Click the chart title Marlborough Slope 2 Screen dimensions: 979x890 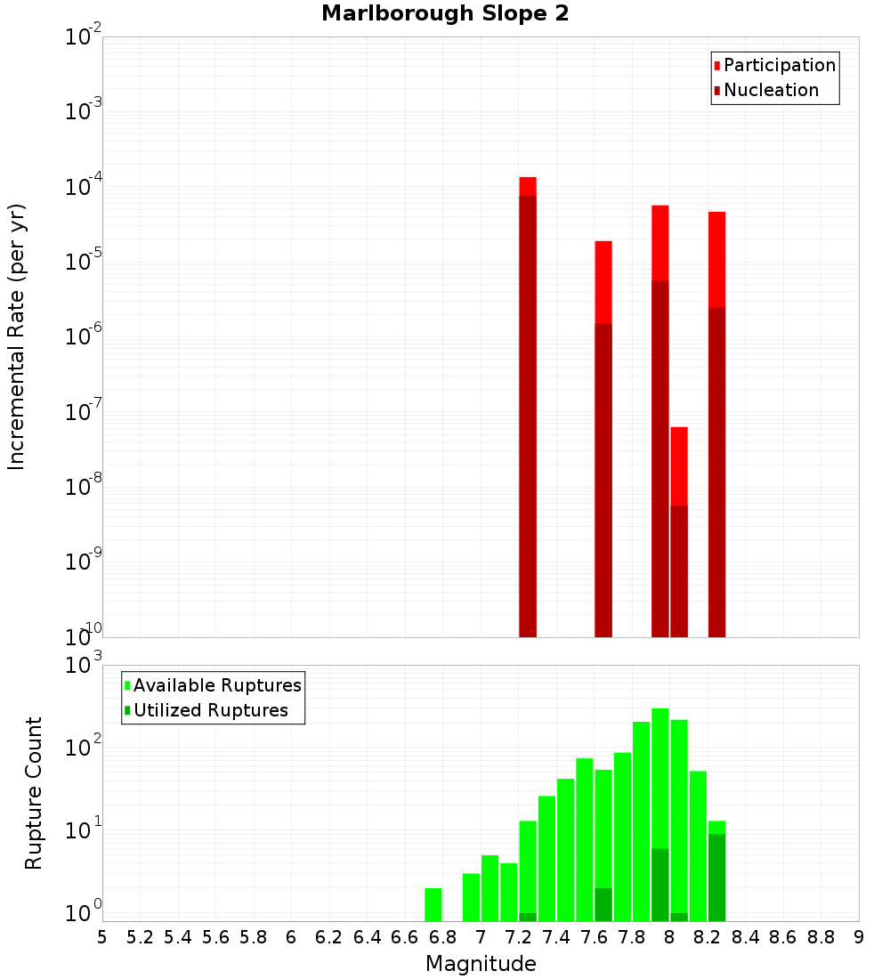tap(445, 13)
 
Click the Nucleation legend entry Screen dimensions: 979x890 tap(771, 90)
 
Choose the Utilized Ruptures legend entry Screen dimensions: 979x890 tap(210, 710)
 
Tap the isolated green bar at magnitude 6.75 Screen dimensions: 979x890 tap(433, 904)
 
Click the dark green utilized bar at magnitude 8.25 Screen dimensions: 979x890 tap(717, 877)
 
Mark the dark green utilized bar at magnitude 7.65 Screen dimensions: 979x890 tap(603, 904)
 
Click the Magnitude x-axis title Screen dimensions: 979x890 tap(481, 963)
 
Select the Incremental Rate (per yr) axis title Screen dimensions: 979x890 tap(16, 336)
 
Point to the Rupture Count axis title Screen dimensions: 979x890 tap(34, 792)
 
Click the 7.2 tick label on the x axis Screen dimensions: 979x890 tap(518, 937)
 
